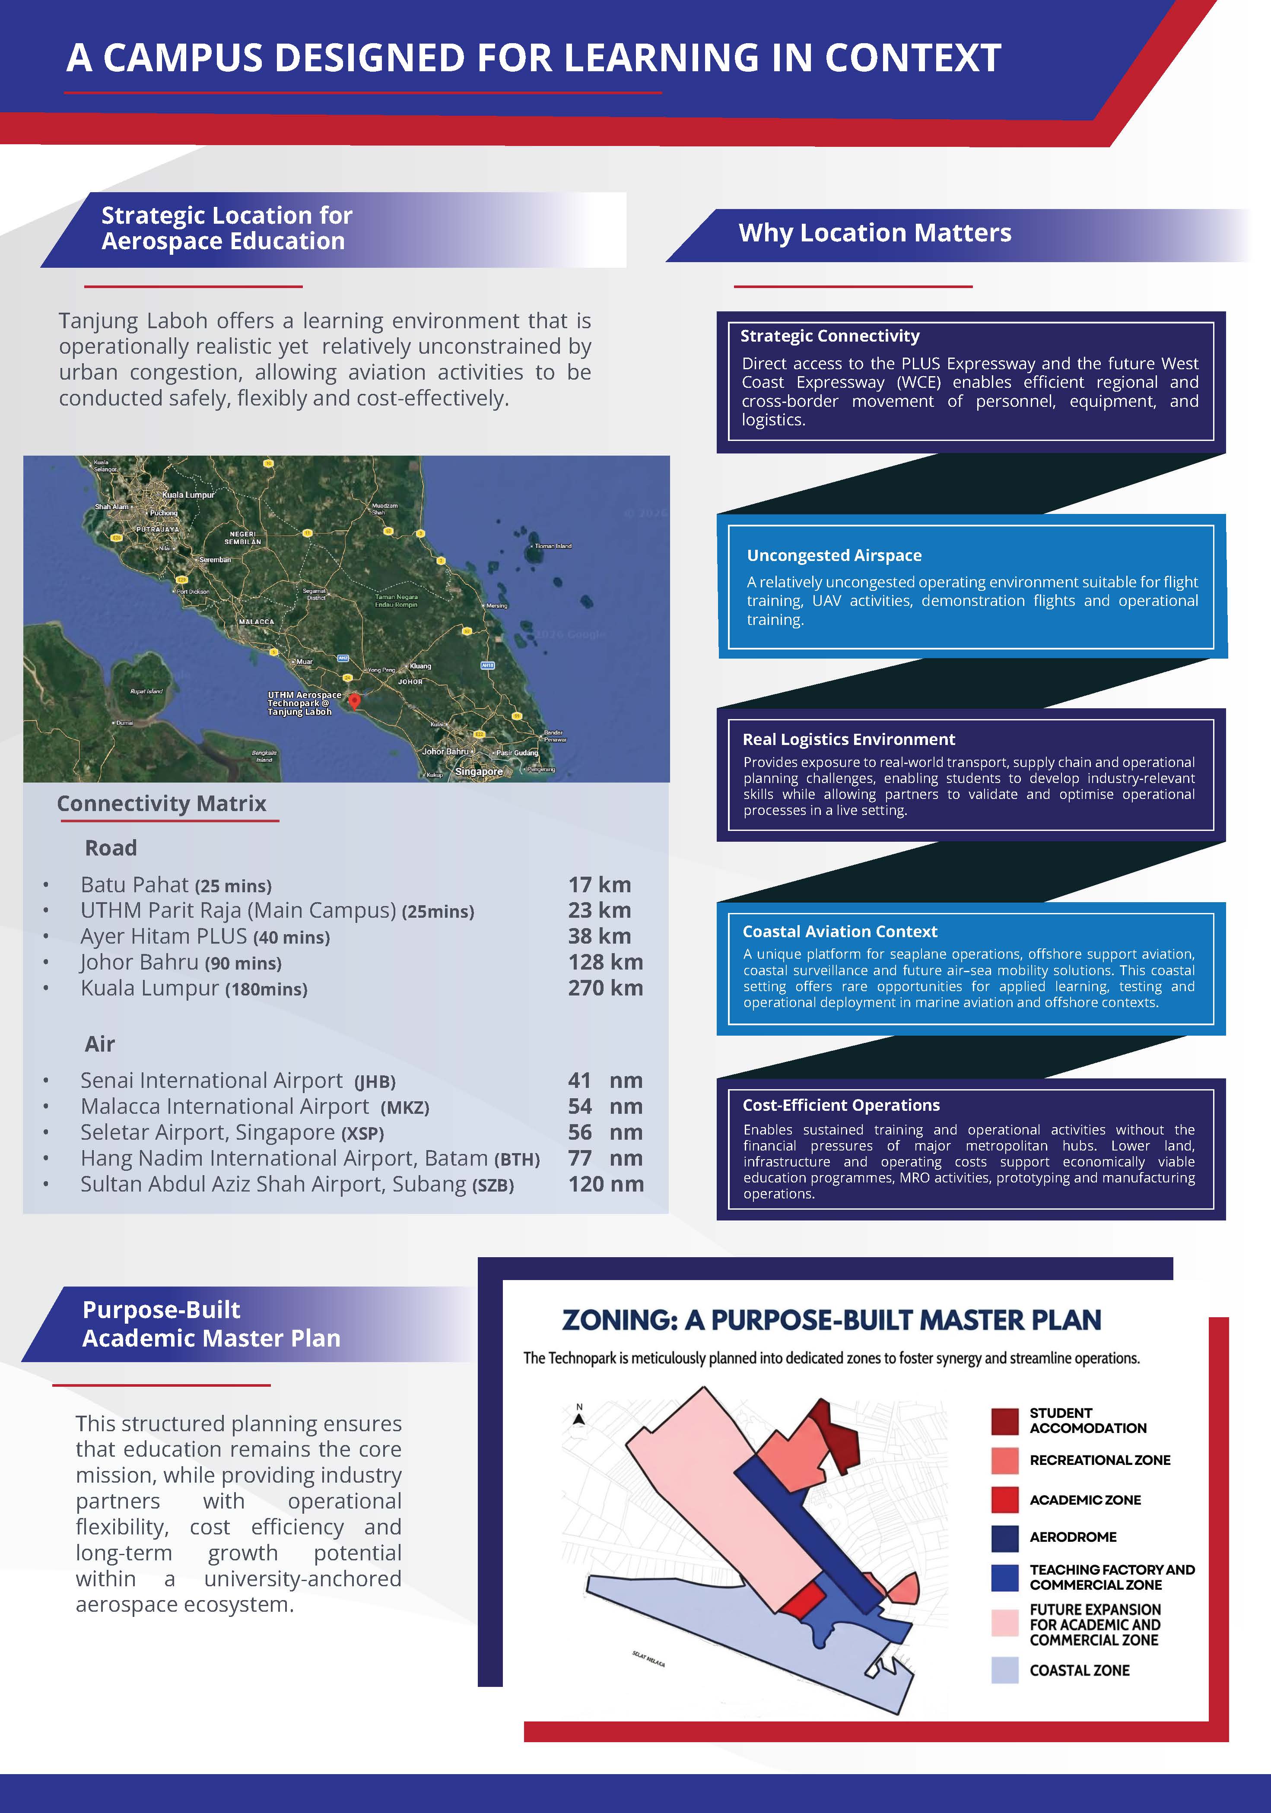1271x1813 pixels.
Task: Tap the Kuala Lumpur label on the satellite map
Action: point(188,495)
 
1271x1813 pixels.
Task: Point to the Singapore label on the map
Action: point(479,771)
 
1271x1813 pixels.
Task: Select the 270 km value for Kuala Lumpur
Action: point(605,988)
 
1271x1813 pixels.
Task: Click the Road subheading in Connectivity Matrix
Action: point(111,848)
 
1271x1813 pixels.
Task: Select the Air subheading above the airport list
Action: point(99,1044)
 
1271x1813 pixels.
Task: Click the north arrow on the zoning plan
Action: point(579,1417)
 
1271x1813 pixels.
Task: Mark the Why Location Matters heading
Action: point(874,233)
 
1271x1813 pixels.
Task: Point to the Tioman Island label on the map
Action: point(553,545)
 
